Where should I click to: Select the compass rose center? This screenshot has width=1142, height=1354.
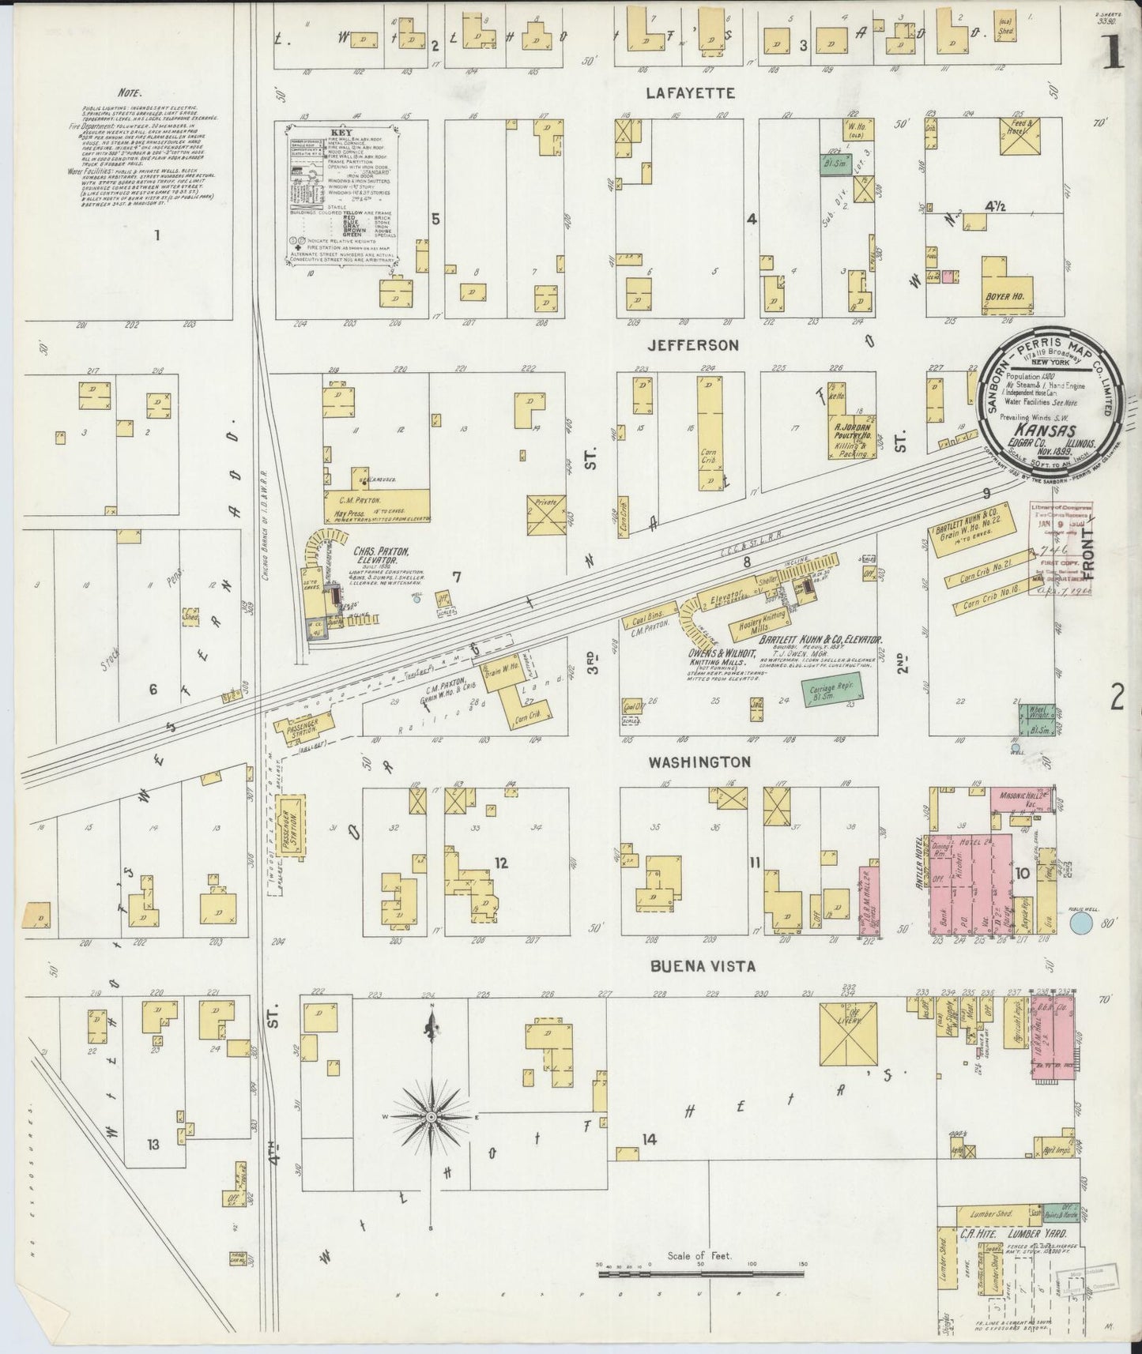click(432, 1117)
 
